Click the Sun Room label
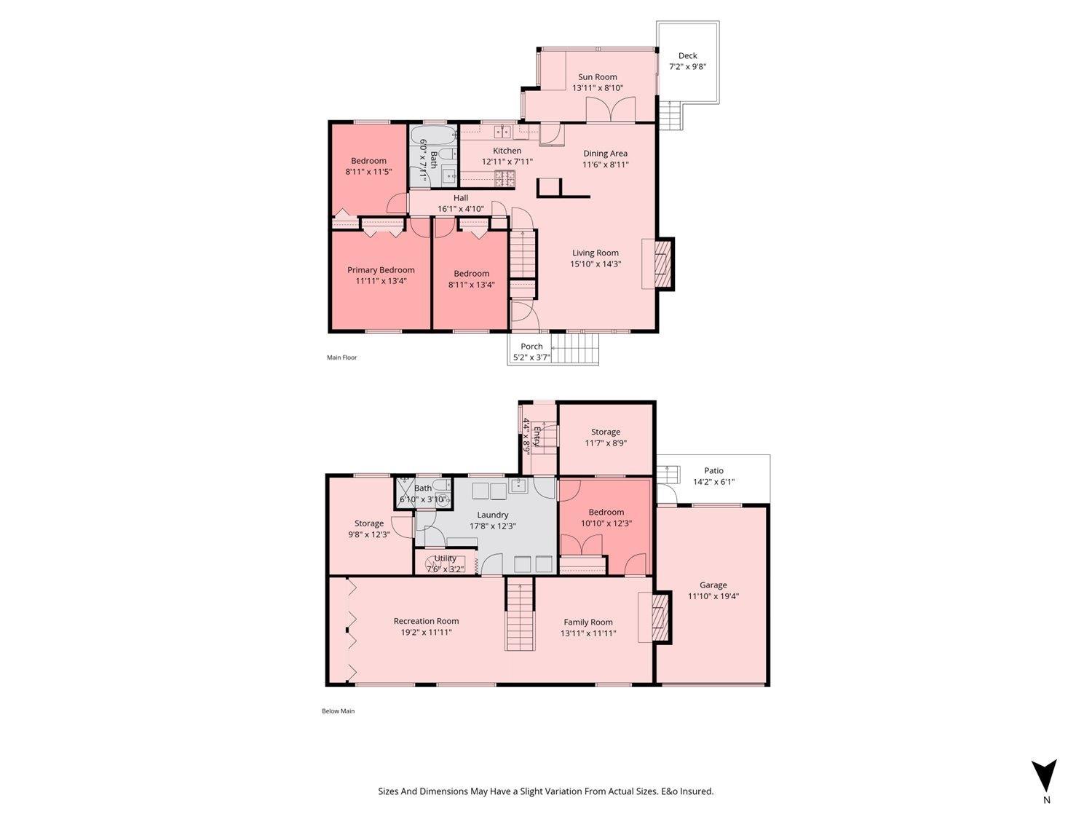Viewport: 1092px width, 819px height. click(597, 76)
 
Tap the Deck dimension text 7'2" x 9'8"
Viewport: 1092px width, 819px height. click(687, 67)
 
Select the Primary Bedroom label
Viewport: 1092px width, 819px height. click(381, 269)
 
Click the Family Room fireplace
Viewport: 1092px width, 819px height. click(660, 618)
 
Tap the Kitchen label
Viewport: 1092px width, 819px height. click(507, 151)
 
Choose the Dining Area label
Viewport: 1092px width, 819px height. click(605, 153)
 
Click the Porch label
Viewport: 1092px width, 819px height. click(531, 347)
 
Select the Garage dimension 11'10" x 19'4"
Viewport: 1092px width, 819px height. click(713, 596)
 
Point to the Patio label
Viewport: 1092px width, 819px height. click(713, 470)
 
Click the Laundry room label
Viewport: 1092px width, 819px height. click(492, 515)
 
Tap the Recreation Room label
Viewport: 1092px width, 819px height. click(426, 621)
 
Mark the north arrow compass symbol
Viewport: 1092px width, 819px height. click(1045, 776)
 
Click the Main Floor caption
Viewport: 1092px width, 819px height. click(341, 357)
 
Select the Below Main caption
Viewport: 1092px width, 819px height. click(338, 711)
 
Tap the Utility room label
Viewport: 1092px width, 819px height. click(445, 558)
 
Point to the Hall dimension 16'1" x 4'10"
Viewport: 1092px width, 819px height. click(460, 209)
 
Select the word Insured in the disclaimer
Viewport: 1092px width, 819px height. click(697, 791)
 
